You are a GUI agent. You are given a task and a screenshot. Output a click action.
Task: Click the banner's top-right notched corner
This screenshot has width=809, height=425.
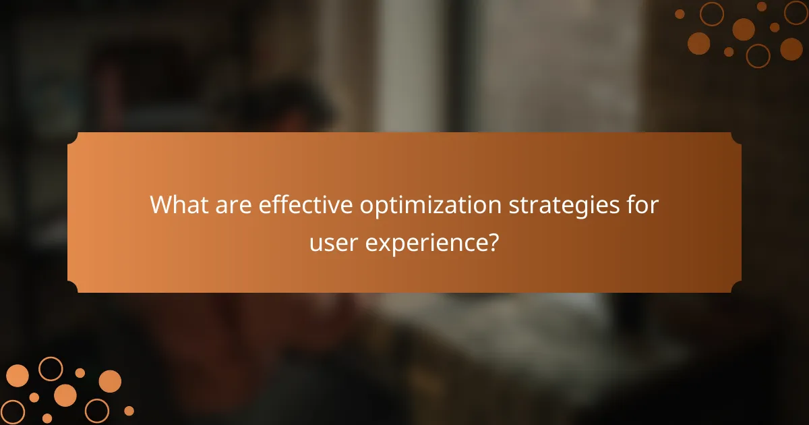click(x=737, y=136)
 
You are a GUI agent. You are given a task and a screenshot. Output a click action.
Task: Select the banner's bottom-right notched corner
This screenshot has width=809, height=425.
click(x=737, y=289)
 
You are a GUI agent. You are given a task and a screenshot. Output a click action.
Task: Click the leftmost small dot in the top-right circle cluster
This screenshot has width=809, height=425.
click(x=680, y=13)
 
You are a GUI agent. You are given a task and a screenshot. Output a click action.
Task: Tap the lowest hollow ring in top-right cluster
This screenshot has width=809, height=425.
click(x=758, y=56)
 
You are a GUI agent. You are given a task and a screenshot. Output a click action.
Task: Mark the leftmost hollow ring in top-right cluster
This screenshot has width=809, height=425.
click(x=711, y=13)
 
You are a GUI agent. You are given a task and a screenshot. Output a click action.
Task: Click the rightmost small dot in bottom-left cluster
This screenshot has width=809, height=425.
click(x=129, y=410)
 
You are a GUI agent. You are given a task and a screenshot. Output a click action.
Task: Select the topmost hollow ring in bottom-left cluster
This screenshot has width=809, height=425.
click(x=51, y=368)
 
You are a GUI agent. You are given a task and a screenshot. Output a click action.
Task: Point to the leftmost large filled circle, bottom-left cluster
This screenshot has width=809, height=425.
click(x=18, y=376)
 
